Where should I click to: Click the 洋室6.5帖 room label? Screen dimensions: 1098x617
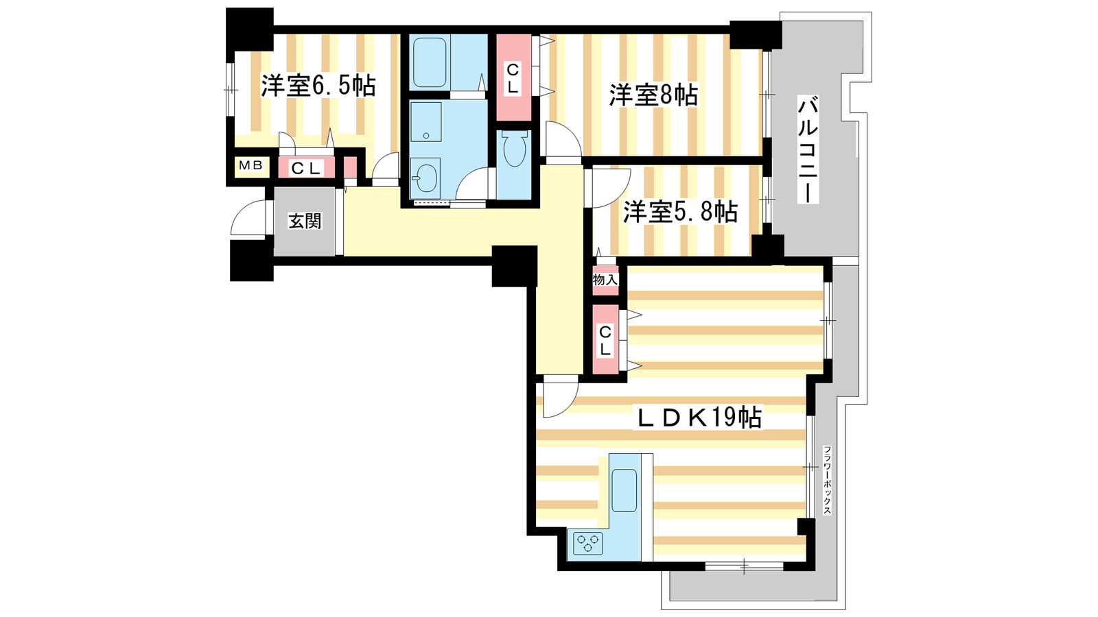(x=318, y=86)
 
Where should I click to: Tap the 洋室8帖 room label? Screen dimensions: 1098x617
(x=653, y=95)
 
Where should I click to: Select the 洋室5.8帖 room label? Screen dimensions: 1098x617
(x=680, y=212)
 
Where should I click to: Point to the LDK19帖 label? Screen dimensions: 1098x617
(x=699, y=418)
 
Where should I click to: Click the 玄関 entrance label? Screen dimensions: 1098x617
(x=305, y=221)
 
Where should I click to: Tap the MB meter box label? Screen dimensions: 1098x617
(x=251, y=165)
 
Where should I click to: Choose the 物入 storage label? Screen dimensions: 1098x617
(x=605, y=280)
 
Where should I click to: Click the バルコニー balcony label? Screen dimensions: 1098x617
(x=808, y=150)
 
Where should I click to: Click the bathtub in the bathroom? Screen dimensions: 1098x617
(x=430, y=62)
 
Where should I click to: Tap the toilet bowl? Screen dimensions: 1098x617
(x=514, y=149)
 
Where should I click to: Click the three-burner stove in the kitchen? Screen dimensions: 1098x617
(x=587, y=543)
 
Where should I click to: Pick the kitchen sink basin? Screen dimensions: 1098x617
(x=624, y=490)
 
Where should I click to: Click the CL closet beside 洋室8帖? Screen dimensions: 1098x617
(x=513, y=78)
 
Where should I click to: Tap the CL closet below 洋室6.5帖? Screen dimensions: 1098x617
(x=306, y=168)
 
